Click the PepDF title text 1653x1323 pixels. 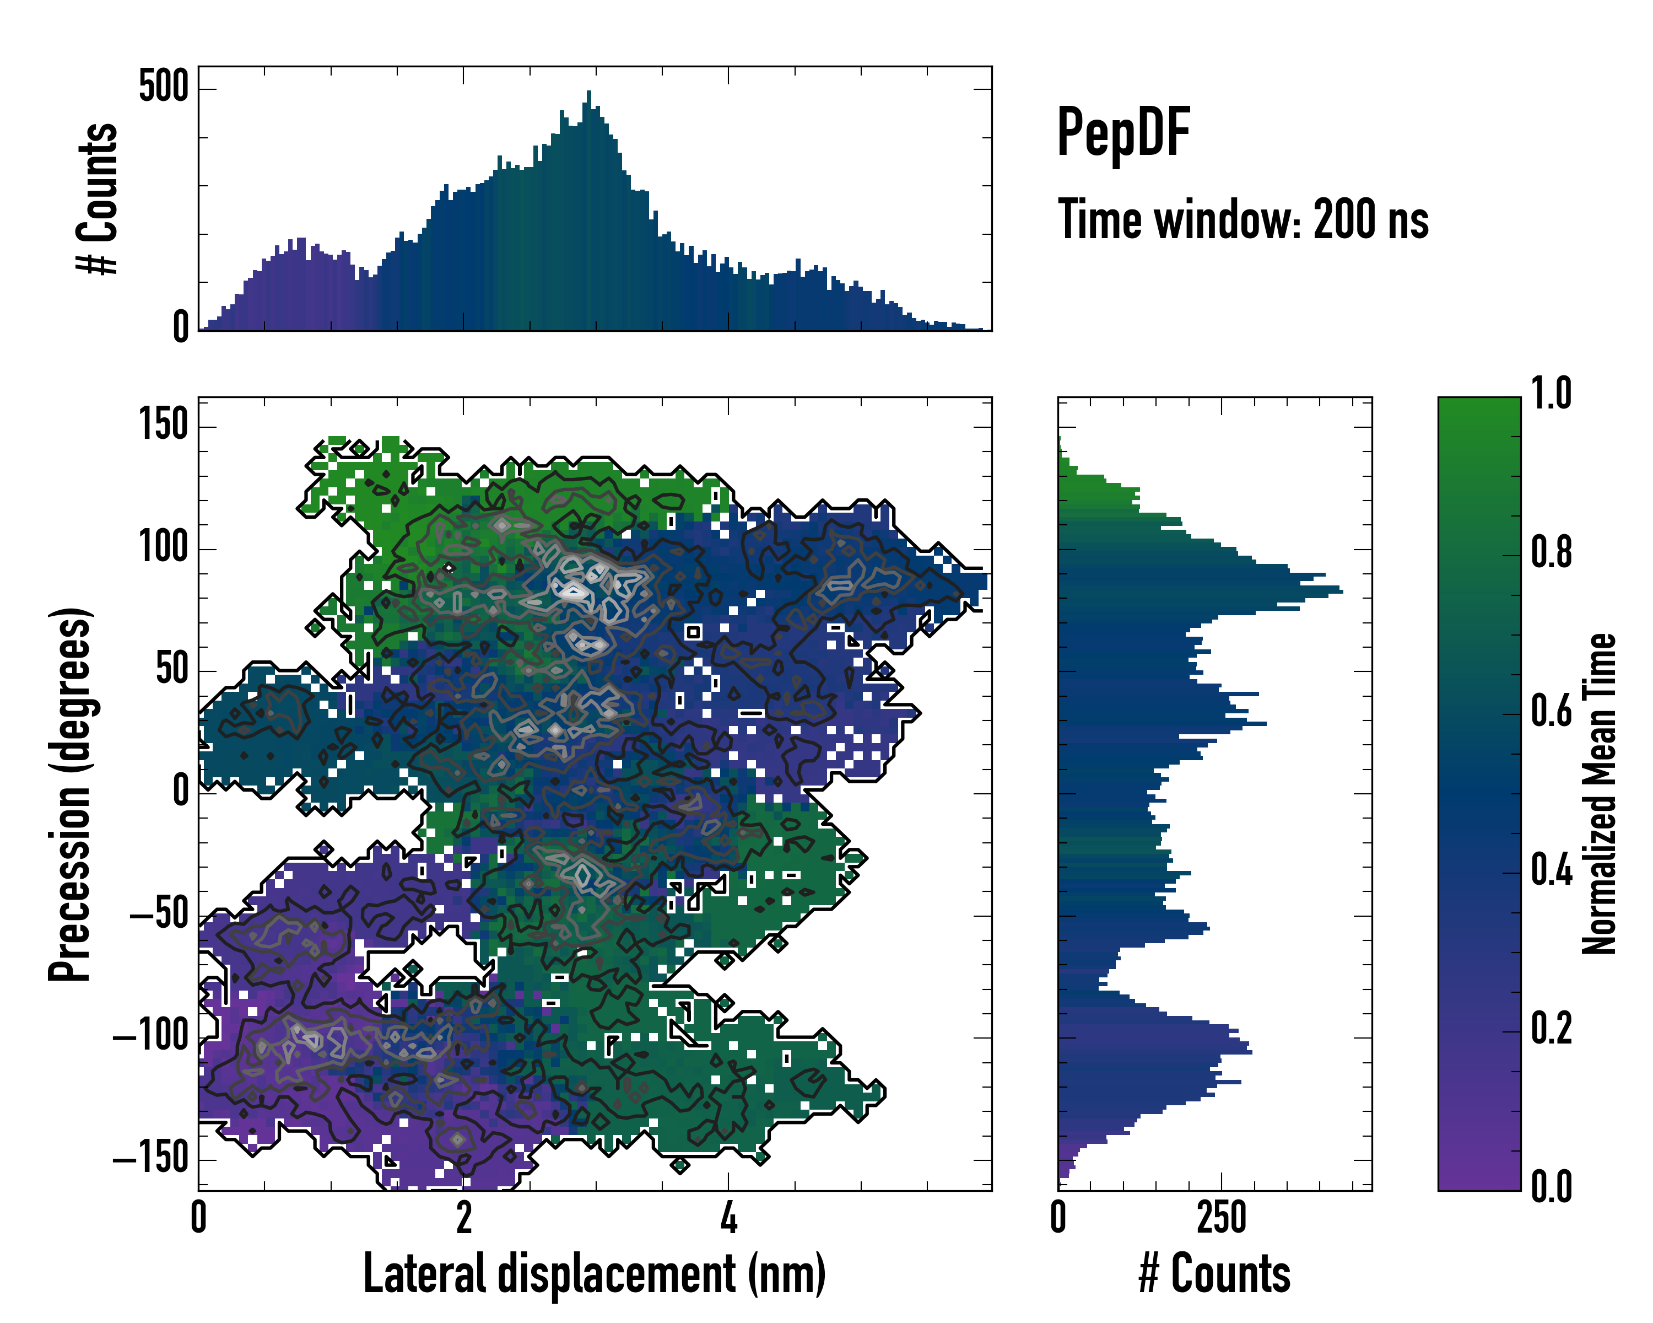pyautogui.click(x=1122, y=133)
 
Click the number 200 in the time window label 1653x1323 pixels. pyautogui.click(x=1343, y=219)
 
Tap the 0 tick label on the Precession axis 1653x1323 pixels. pyautogui.click(x=180, y=790)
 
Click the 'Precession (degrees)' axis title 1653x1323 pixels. pyautogui.click(x=71, y=794)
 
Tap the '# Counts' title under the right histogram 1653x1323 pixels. pyautogui.click(x=1214, y=1274)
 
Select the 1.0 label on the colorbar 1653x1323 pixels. pyautogui.click(x=1551, y=394)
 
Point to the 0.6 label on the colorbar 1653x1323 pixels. pyautogui.click(x=1551, y=711)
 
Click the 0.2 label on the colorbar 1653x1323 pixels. pyautogui.click(x=1551, y=1029)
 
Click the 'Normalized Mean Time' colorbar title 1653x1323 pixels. pyautogui.click(x=1600, y=794)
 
